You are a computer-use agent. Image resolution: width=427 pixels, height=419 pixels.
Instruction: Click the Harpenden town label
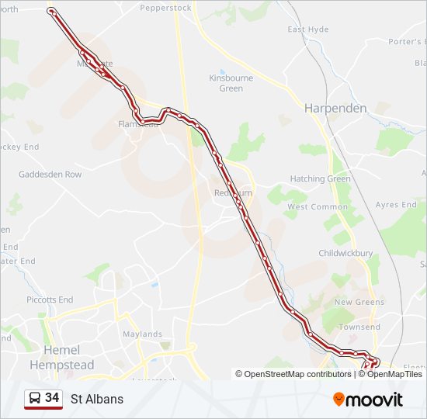pos(335,108)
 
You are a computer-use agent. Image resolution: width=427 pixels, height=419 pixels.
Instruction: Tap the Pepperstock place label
pos(165,8)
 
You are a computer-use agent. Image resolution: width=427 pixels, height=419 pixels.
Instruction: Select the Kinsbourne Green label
pos(226,83)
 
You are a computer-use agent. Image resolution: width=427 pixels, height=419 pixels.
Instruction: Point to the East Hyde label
pos(308,29)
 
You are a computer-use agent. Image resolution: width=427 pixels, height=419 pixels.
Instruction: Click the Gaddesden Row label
pos(50,175)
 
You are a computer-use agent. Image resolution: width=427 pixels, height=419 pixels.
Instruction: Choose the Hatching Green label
pos(320,178)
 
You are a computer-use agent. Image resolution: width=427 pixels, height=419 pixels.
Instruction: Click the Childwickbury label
pos(345,253)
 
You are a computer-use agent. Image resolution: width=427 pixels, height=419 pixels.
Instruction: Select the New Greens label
pos(359,302)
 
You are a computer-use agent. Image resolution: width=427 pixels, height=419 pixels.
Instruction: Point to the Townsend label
pos(359,327)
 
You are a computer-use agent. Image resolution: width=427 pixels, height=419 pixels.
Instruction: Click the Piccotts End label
pos(50,300)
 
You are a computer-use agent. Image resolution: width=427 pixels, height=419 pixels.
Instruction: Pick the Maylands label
pos(142,334)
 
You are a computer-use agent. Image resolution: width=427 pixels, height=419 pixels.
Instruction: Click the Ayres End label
pos(396,205)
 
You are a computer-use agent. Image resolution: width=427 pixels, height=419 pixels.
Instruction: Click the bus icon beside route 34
pos(34,399)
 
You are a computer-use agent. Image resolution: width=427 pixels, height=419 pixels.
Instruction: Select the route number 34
pos(52,398)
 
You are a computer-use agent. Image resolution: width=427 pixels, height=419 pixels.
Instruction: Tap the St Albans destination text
pos(96,400)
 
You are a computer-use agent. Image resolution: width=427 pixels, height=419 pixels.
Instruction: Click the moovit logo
pos(368,399)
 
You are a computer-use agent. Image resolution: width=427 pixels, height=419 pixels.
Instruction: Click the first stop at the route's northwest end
pos(51,11)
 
